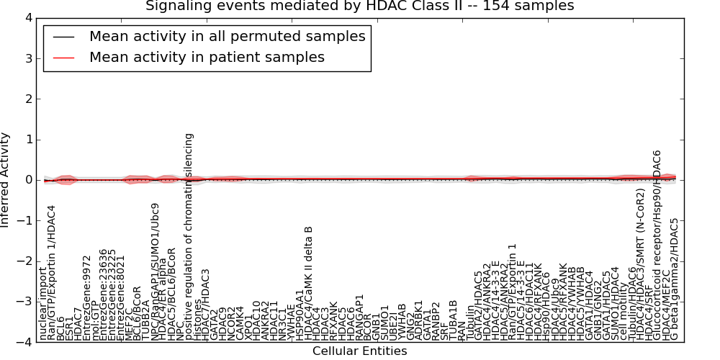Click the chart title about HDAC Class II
point(360,6)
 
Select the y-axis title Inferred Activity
point(6,180)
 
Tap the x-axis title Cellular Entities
point(359,351)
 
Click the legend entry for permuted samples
point(227,36)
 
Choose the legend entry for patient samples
point(207,57)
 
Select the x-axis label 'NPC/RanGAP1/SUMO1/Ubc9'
point(155,271)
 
